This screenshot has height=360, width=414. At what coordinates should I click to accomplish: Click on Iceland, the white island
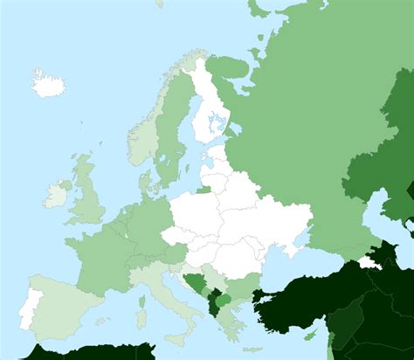[x=49, y=84]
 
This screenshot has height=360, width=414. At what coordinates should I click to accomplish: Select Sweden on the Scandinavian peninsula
[x=170, y=131]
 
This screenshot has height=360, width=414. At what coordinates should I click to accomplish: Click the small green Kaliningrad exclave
[x=204, y=187]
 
